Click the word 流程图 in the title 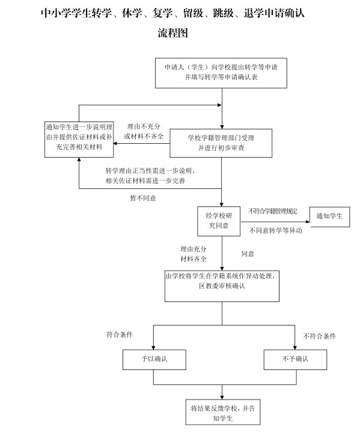[173, 32]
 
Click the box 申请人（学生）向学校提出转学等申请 [221, 73]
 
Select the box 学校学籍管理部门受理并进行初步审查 [221, 143]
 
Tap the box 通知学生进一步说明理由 [79, 140]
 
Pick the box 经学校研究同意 [219, 221]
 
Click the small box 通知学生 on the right [330, 217]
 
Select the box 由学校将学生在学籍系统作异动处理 [222, 286]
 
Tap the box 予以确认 [154, 360]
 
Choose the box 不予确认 [295, 360]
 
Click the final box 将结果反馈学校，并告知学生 [222, 412]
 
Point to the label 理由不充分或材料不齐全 [144, 131]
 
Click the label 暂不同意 [143, 198]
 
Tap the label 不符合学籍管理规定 [273, 211]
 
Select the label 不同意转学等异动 [275, 230]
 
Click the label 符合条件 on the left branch [120, 335]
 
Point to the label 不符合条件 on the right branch [320, 336]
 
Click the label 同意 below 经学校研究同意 [248, 254]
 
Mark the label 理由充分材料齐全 [193, 254]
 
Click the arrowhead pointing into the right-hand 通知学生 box [308, 221]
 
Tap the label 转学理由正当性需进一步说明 [150, 171]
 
